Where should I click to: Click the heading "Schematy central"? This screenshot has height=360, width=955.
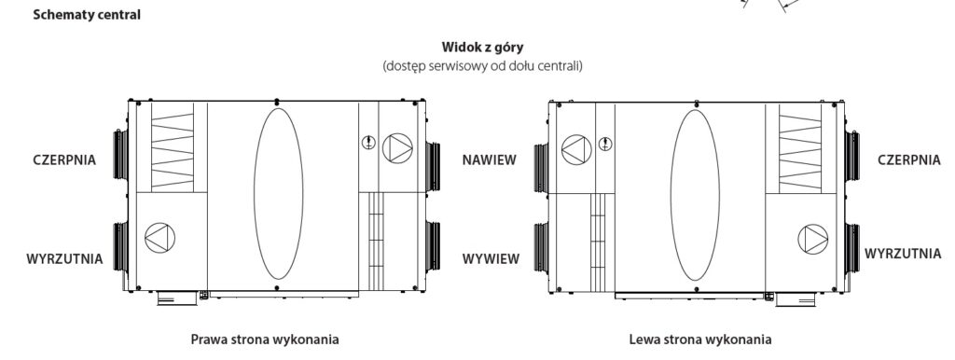pos(87,15)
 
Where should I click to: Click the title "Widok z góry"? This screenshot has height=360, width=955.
pos(482,47)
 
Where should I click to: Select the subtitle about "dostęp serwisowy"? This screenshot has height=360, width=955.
pos(482,66)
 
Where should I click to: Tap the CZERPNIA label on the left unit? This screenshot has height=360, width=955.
pos(64,160)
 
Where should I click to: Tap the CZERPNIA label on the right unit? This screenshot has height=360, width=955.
pos(909,160)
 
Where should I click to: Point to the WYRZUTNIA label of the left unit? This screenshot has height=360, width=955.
pos(64,259)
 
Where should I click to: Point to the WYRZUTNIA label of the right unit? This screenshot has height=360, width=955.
pos(903,254)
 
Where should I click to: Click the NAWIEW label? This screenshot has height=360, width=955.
pos(489,160)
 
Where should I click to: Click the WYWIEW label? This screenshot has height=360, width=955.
pos(491,259)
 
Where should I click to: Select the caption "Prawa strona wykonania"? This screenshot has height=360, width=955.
pos(265,339)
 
